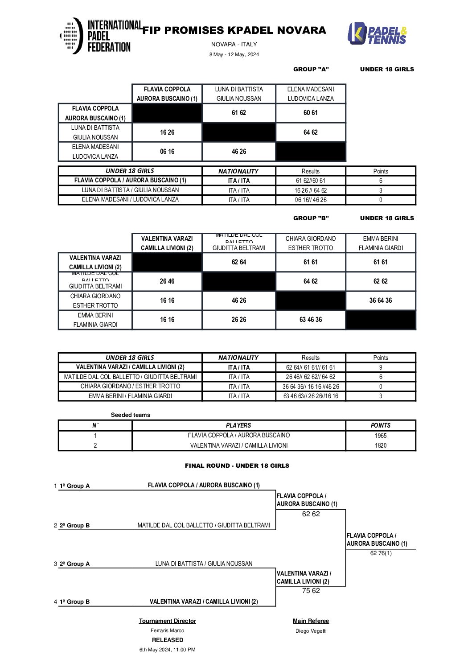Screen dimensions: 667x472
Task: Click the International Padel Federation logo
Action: click(95, 36)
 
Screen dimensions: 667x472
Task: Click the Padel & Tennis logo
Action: click(377, 34)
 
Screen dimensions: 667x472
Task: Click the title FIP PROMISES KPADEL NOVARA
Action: click(234, 30)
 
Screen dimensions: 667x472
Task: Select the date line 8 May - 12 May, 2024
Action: click(234, 54)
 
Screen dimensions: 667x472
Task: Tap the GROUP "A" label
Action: click(311, 69)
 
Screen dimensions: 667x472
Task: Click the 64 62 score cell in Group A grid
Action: click(311, 132)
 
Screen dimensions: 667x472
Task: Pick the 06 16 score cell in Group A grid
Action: click(167, 152)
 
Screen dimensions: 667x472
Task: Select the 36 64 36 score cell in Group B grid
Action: click(380, 301)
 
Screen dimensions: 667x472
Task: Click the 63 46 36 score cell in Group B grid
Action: click(311, 320)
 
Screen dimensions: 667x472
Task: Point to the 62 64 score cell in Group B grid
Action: click(239, 262)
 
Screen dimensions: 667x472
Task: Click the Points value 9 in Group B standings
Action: click(381, 367)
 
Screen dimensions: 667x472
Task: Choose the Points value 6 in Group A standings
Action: click(381, 181)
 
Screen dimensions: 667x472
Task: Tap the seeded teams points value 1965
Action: click(381, 436)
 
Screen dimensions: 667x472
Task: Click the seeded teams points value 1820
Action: click(381, 445)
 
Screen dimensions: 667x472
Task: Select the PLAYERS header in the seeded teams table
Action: click(238, 425)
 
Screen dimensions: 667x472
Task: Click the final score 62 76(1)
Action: click(381, 553)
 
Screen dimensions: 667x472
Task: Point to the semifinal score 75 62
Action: click(311, 591)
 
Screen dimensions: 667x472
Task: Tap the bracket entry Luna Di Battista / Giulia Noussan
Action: click(204, 564)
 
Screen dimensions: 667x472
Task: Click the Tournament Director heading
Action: click(167, 621)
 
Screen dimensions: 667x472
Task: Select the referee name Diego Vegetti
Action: click(311, 631)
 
